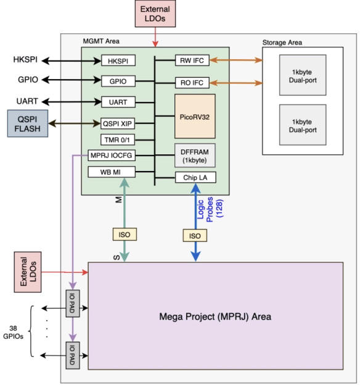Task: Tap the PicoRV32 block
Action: pyautogui.click(x=194, y=116)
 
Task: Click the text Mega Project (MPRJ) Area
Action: pyautogui.click(x=215, y=317)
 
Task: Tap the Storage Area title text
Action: pyautogui.click(x=282, y=42)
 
